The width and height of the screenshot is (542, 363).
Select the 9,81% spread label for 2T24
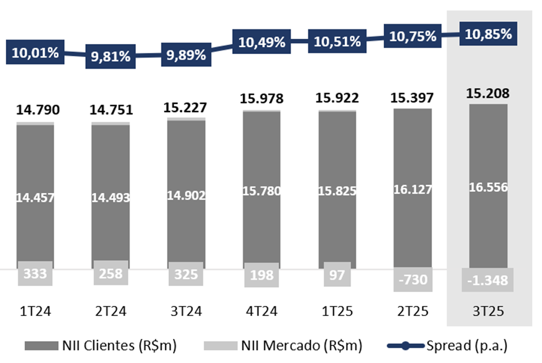pos(110,58)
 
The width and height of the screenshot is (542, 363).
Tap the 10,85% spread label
pos(488,34)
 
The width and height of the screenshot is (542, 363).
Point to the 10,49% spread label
pos(262,42)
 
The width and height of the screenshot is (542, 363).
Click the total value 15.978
pos(262,98)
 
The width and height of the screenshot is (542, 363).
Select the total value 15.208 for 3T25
pos(488,93)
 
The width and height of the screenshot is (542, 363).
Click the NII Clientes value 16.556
pos(488,187)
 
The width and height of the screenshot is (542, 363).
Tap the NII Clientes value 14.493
pos(110,197)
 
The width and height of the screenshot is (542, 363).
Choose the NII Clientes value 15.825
pos(337,190)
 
